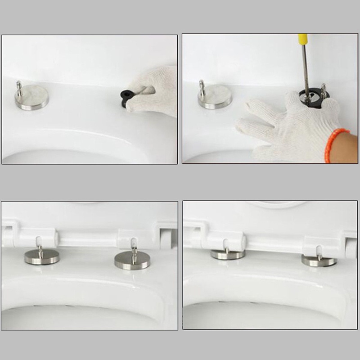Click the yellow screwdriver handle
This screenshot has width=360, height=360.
coord(303,38)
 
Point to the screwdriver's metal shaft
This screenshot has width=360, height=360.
coord(306,67)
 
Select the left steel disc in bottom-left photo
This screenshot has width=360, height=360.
coord(41,256)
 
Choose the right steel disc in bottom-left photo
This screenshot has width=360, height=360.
coord(132,260)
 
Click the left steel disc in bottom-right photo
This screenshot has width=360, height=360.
coord(227,254)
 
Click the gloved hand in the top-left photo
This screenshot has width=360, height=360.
coord(153,92)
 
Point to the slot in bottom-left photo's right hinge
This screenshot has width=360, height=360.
coord(134,242)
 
